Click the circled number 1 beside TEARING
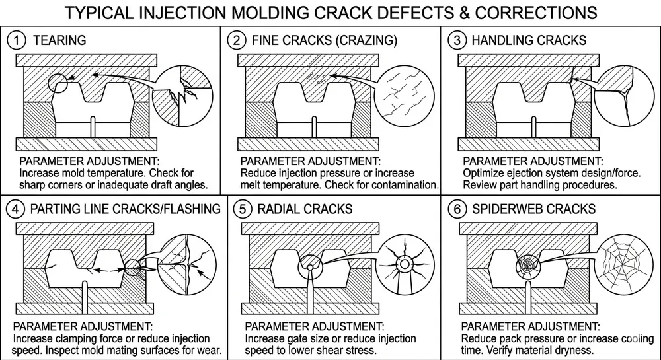point(16,40)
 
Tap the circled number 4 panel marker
point(16,209)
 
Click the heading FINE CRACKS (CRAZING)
point(325,40)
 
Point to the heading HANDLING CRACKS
point(529,40)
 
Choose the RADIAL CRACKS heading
point(305,209)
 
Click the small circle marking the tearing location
point(58,85)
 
